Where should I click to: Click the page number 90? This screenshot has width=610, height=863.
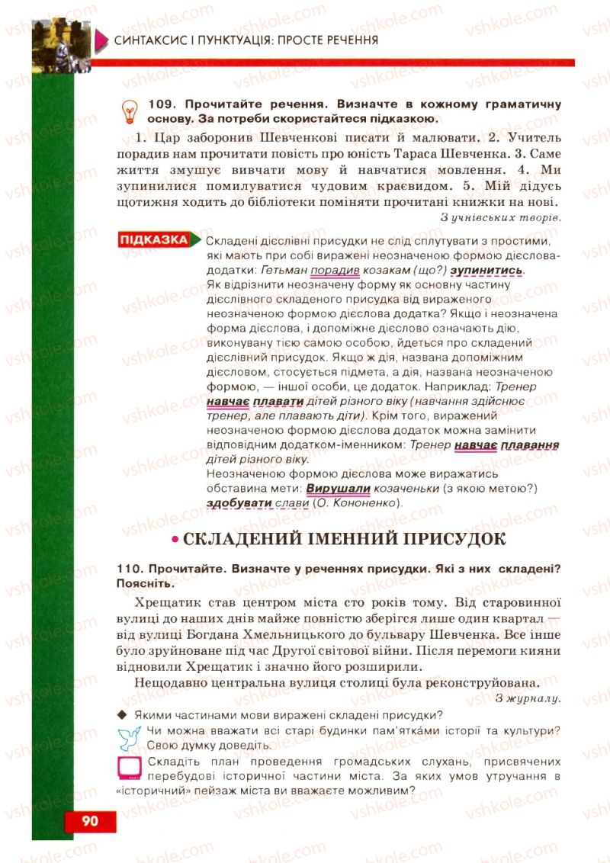(90, 821)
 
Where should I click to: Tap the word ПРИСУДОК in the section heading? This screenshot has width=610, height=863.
(451, 540)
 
